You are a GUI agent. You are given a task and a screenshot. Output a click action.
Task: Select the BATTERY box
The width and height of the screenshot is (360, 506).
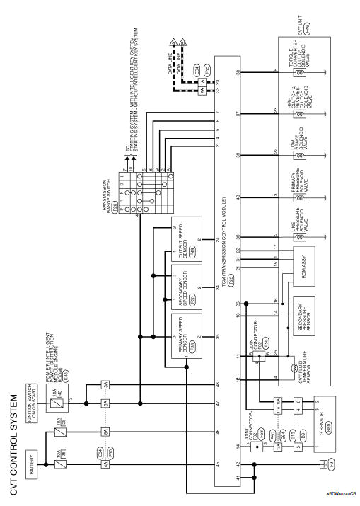pos(34,422)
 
